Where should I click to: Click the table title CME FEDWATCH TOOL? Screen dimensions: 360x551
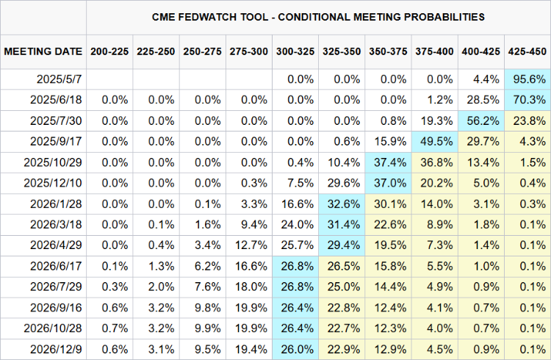tap(318, 16)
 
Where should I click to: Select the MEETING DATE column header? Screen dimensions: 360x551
tap(43, 51)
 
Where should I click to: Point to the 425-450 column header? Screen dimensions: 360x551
tap(527, 51)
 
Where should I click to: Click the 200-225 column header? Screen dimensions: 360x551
tap(109, 51)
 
